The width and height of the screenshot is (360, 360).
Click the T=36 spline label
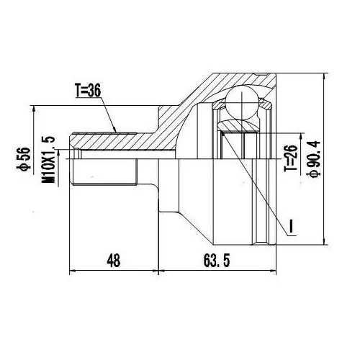88,90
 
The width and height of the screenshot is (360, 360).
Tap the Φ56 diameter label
24,158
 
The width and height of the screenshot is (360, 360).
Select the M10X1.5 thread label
48,160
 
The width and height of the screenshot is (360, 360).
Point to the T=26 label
291,158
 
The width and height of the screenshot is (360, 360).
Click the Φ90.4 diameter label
315,159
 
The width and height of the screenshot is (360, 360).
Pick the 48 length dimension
113,261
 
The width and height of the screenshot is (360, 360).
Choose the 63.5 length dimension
217,261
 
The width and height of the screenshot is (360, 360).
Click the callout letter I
291,225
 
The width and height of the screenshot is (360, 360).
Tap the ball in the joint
242,102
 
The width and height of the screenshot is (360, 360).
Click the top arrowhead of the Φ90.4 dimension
324,76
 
